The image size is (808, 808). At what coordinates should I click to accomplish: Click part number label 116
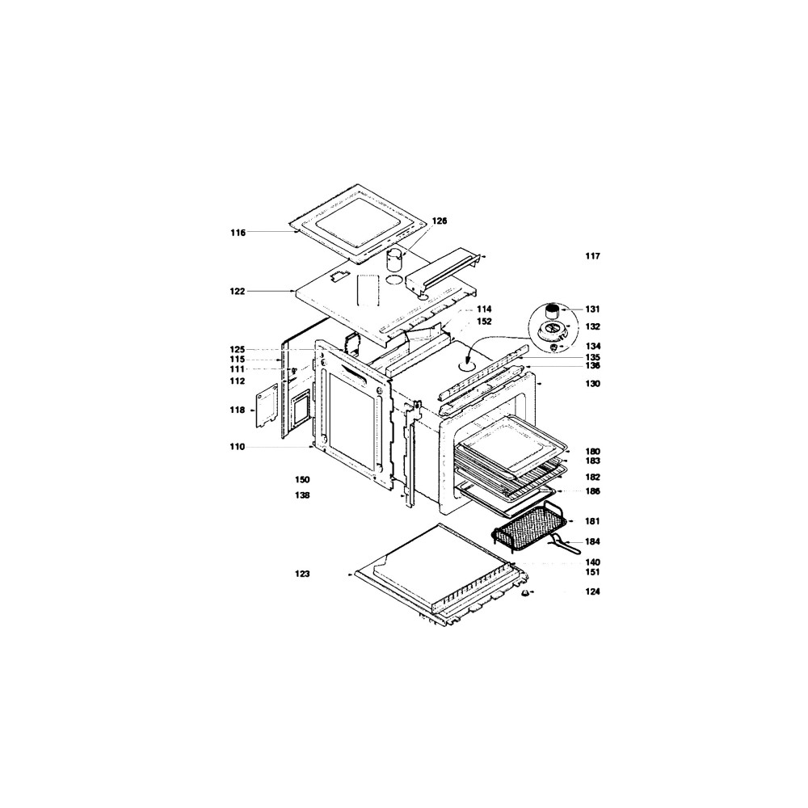[x=238, y=233]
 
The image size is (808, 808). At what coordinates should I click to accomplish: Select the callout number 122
[x=238, y=291]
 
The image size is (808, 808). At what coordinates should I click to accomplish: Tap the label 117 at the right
[x=592, y=256]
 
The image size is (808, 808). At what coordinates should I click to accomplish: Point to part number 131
[x=592, y=309]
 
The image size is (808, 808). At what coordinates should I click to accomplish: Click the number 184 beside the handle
[x=592, y=541]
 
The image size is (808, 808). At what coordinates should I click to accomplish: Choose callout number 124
[x=592, y=591]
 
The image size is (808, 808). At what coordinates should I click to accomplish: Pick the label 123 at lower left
[x=302, y=574]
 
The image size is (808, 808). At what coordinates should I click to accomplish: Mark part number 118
[x=238, y=410]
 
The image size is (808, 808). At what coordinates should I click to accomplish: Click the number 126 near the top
[x=440, y=221]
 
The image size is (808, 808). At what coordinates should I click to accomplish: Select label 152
[x=484, y=321]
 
